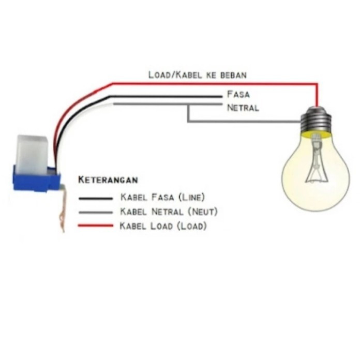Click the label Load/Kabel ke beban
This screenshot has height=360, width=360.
point(197,74)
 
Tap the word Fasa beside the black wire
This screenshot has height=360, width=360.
point(238,95)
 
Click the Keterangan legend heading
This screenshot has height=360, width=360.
point(108,180)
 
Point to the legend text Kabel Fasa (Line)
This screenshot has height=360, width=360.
point(162,197)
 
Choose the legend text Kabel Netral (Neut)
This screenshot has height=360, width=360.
point(169,212)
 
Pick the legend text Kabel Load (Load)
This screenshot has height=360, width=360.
point(163,226)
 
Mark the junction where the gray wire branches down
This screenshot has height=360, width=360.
point(188,105)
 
